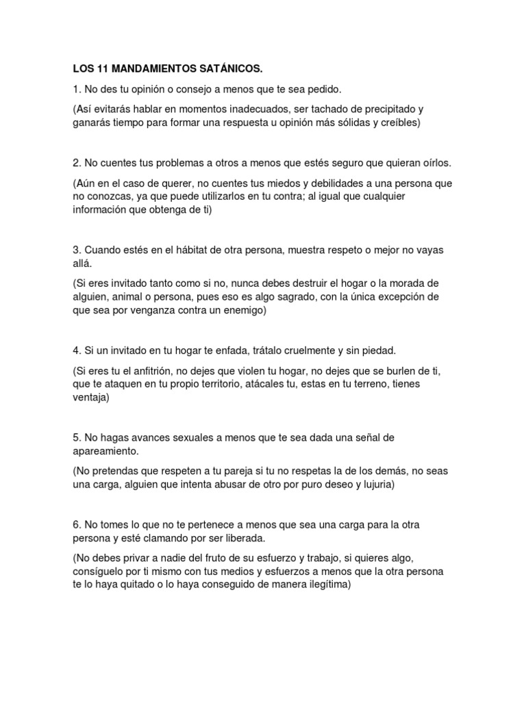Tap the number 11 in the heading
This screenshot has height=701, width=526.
pos(99,69)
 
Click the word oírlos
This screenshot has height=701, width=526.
pos(437,163)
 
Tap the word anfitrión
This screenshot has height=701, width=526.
pos(155,370)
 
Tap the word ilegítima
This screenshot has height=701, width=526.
pos(326,585)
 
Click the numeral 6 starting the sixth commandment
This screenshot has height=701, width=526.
pos(75,524)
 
